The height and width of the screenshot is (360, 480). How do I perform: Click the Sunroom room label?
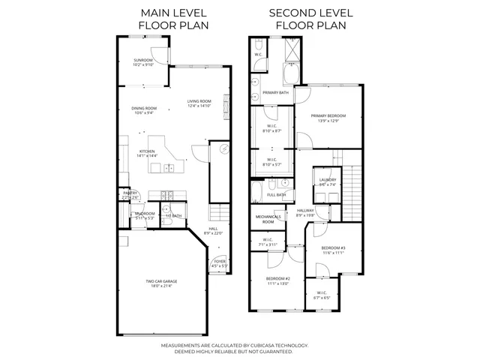tap(143, 60)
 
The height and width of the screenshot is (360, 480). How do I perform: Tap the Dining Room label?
tap(145, 108)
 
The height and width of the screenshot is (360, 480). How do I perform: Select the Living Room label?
tap(199, 101)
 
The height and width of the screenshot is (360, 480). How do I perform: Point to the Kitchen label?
tap(147, 151)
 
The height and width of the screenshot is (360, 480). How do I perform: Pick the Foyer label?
tap(220, 262)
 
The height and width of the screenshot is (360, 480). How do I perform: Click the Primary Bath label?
tap(276, 92)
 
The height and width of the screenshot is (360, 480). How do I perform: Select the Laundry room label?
tap(327, 180)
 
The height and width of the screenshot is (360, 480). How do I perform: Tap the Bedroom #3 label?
tap(333, 248)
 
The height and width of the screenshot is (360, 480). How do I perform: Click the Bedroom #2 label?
tap(277, 279)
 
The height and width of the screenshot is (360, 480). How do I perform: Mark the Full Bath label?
tap(276, 195)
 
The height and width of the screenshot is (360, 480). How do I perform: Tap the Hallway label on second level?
tap(305, 211)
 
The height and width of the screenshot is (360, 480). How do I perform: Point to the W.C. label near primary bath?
tap(257, 54)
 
